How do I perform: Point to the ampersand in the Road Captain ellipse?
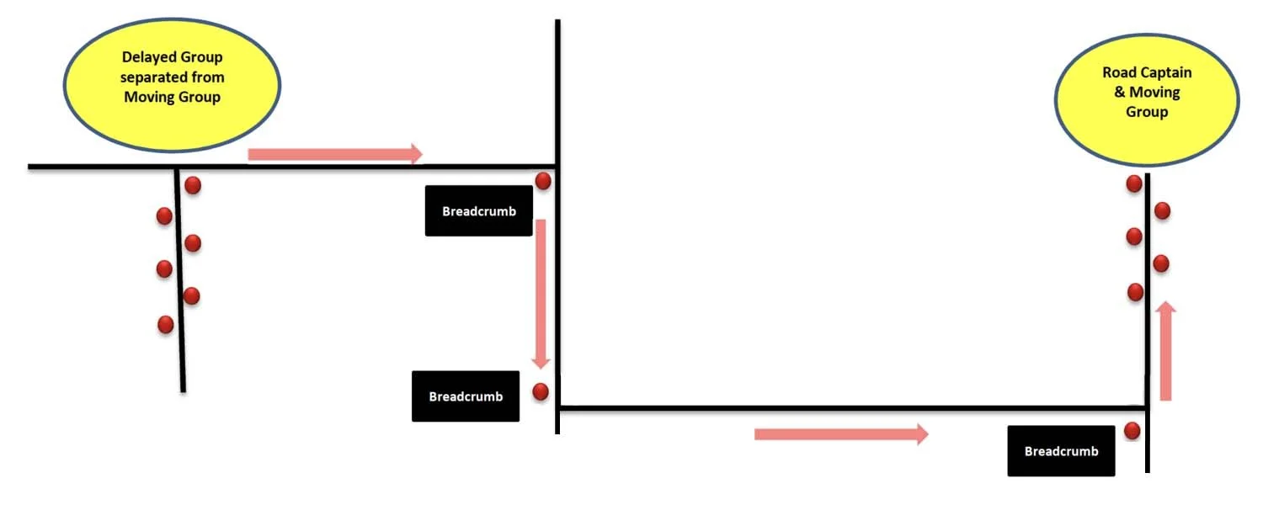pos(1119,92)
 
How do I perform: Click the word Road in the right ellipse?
pos(1118,72)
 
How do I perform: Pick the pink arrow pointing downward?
pos(541,294)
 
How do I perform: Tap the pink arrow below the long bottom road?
pos(840,434)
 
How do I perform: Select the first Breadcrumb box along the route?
pos(478,210)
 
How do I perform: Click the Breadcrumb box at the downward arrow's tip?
pos(465,396)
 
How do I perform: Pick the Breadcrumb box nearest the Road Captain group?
pos(1061,451)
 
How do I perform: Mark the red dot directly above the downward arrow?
pos(543,181)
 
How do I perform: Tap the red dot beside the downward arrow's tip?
pos(541,391)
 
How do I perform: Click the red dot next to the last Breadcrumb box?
pos(1132,431)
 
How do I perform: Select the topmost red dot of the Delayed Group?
pos(193,185)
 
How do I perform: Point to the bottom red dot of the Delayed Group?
pos(166,324)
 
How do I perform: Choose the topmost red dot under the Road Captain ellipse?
pos(1134,183)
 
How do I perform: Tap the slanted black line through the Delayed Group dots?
pos(180,353)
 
